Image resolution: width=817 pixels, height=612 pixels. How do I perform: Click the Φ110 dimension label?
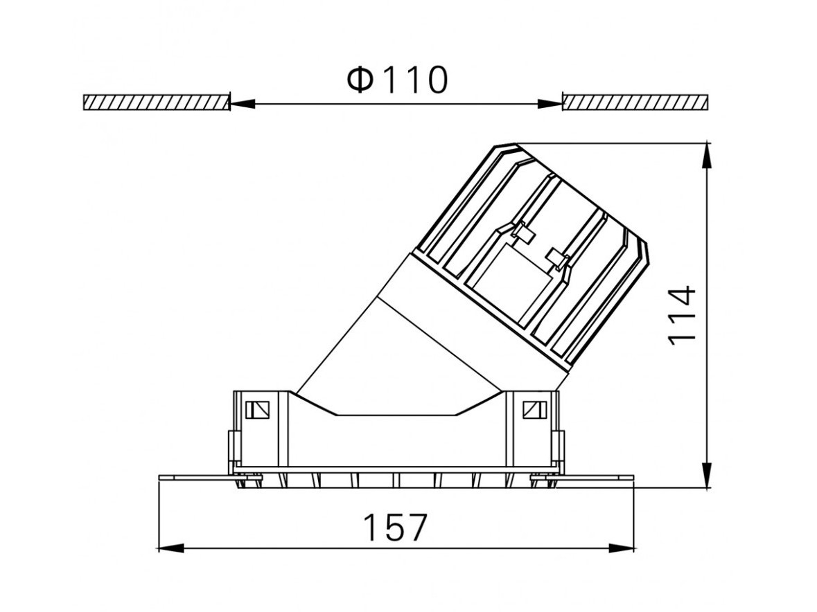click(x=397, y=80)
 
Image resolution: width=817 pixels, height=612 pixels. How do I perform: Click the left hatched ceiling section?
click(x=157, y=102)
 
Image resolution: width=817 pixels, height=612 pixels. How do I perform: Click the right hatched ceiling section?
click(x=635, y=102)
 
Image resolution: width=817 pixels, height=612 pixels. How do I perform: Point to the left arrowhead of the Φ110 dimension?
click(x=243, y=104)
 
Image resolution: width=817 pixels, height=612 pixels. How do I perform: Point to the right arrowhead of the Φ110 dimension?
click(x=550, y=104)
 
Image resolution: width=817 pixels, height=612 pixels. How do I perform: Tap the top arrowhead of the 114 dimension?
click(x=707, y=155)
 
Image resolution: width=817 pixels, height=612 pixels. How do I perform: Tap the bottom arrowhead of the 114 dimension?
click(x=707, y=476)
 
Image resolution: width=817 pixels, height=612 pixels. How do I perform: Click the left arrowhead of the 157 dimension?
click(x=170, y=548)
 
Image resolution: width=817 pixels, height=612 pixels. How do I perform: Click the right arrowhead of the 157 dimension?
click(x=622, y=548)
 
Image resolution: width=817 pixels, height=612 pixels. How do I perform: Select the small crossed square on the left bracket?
click(x=257, y=410)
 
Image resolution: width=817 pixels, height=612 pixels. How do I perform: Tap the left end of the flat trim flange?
click(x=159, y=477)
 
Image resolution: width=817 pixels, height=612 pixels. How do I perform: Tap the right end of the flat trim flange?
click(x=633, y=477)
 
